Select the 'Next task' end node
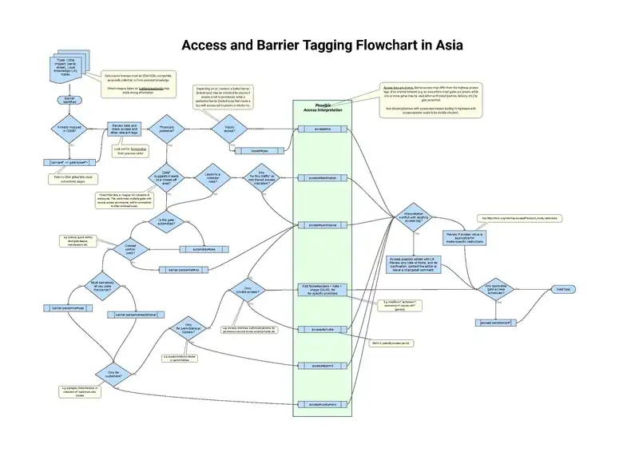coord(563,288)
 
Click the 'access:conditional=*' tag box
coord(496,323)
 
